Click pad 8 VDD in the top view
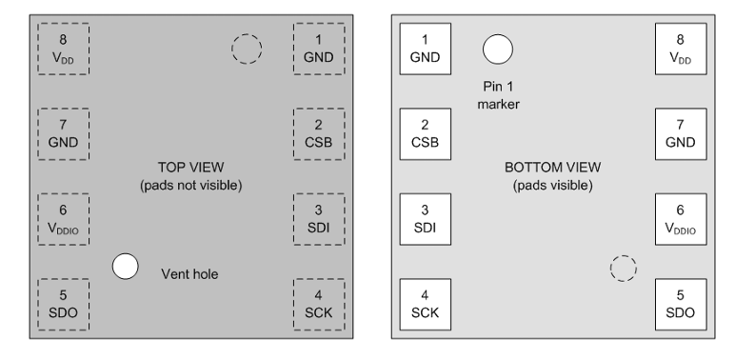(63, 49)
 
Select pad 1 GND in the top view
(319, 49)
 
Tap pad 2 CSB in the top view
(319, 133)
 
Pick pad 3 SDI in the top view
(319, 219)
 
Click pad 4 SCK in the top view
(319, 304)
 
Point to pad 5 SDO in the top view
(63, 304)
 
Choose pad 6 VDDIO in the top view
(63, 219)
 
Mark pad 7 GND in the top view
(63, 133)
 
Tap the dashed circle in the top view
(247, 49)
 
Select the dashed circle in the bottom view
(623, 269)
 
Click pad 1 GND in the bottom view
(425, 49)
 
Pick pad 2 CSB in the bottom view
(425, 133)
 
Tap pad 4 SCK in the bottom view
(425, 304)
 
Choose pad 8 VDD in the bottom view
(680, 49)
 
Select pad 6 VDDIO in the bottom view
(680, 219)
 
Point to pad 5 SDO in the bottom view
(680, 304)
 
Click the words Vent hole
(189, 274)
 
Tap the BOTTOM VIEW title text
(552, 168)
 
